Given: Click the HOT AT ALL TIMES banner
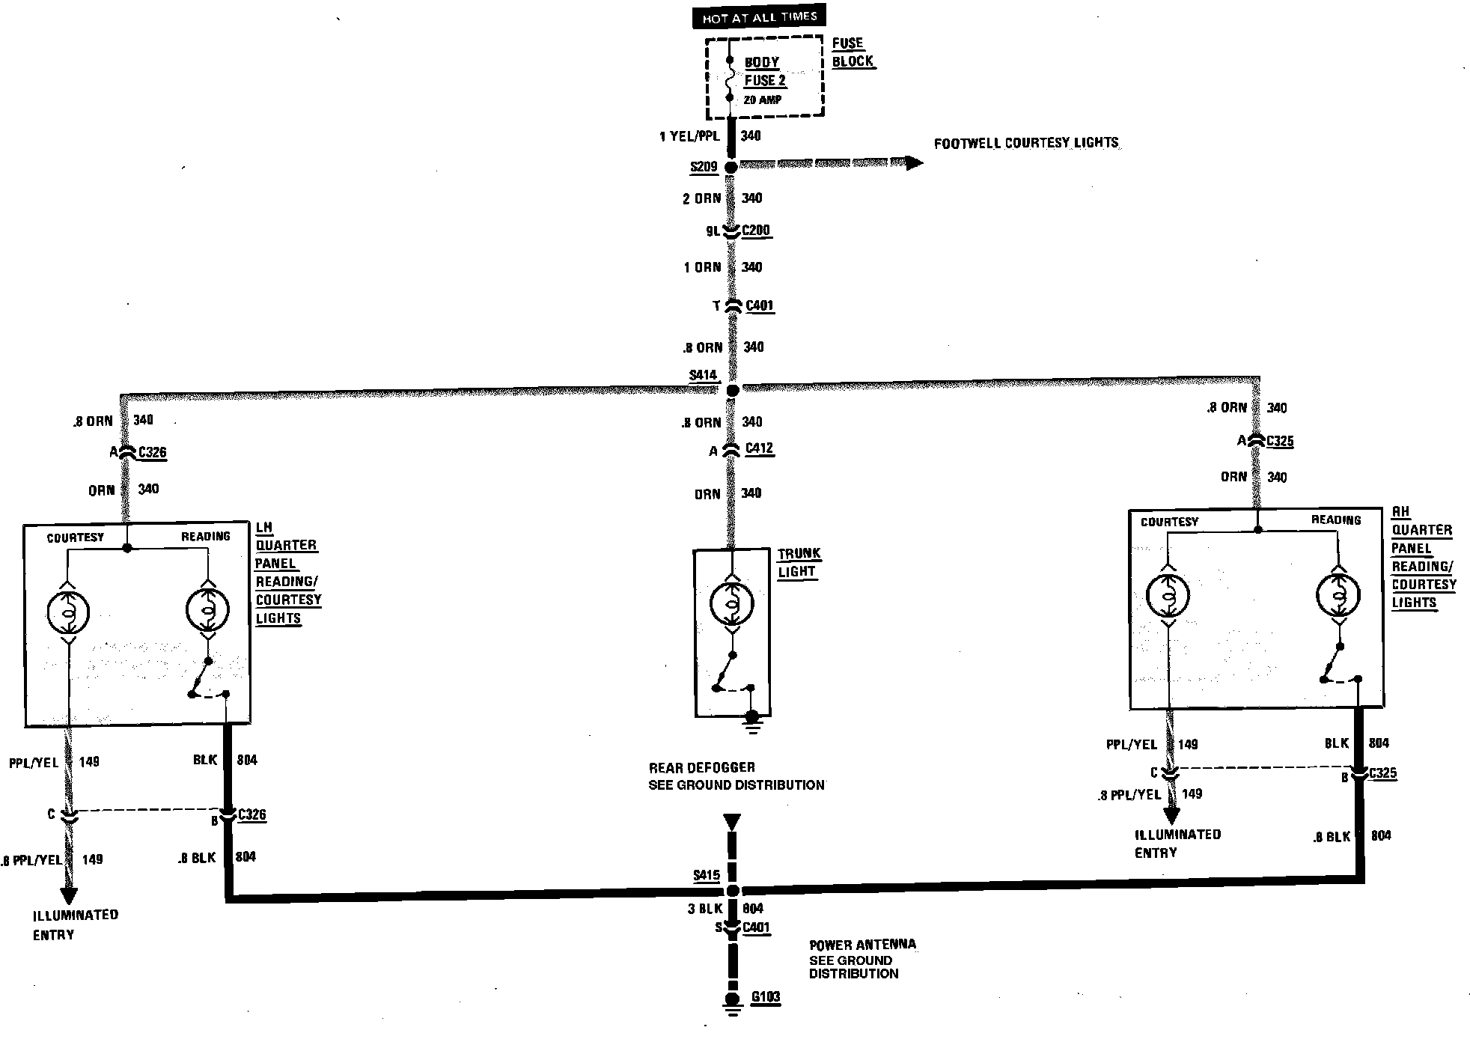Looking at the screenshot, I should [x=759, y=17].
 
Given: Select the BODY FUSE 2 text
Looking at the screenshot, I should [x=763, y=72].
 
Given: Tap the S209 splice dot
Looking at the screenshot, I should [x=731, y=167].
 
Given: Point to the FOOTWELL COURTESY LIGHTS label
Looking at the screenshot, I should [x=1025, y=143].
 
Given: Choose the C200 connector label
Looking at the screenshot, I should [x=756, y=231].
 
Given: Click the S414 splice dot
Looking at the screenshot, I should [x=733, y=391].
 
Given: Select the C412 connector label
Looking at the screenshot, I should [x=759, y=448].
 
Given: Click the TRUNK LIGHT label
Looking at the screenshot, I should [x=798, y=562].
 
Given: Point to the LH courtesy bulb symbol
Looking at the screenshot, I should [x=68, y=612].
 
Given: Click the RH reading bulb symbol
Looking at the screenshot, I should [x=1338, y=595].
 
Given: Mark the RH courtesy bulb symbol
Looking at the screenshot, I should [x=1168, y=596].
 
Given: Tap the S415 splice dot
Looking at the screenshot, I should [x=733, y=891].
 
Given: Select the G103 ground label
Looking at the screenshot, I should [x=766, y=997].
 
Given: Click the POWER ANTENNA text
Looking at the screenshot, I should [x=862, y=945].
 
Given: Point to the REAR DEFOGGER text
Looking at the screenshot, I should [x=701, y=767].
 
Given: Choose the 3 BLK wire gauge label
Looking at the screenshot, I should [x=705, y=909].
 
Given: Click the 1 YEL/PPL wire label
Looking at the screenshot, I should [x=689, y=136].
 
